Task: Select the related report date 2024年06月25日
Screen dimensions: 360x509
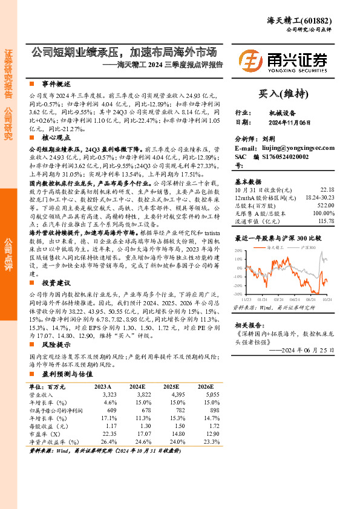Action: click(x=309, y=349)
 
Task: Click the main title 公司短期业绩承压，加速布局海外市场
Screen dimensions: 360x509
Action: click(x=125, y=52)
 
